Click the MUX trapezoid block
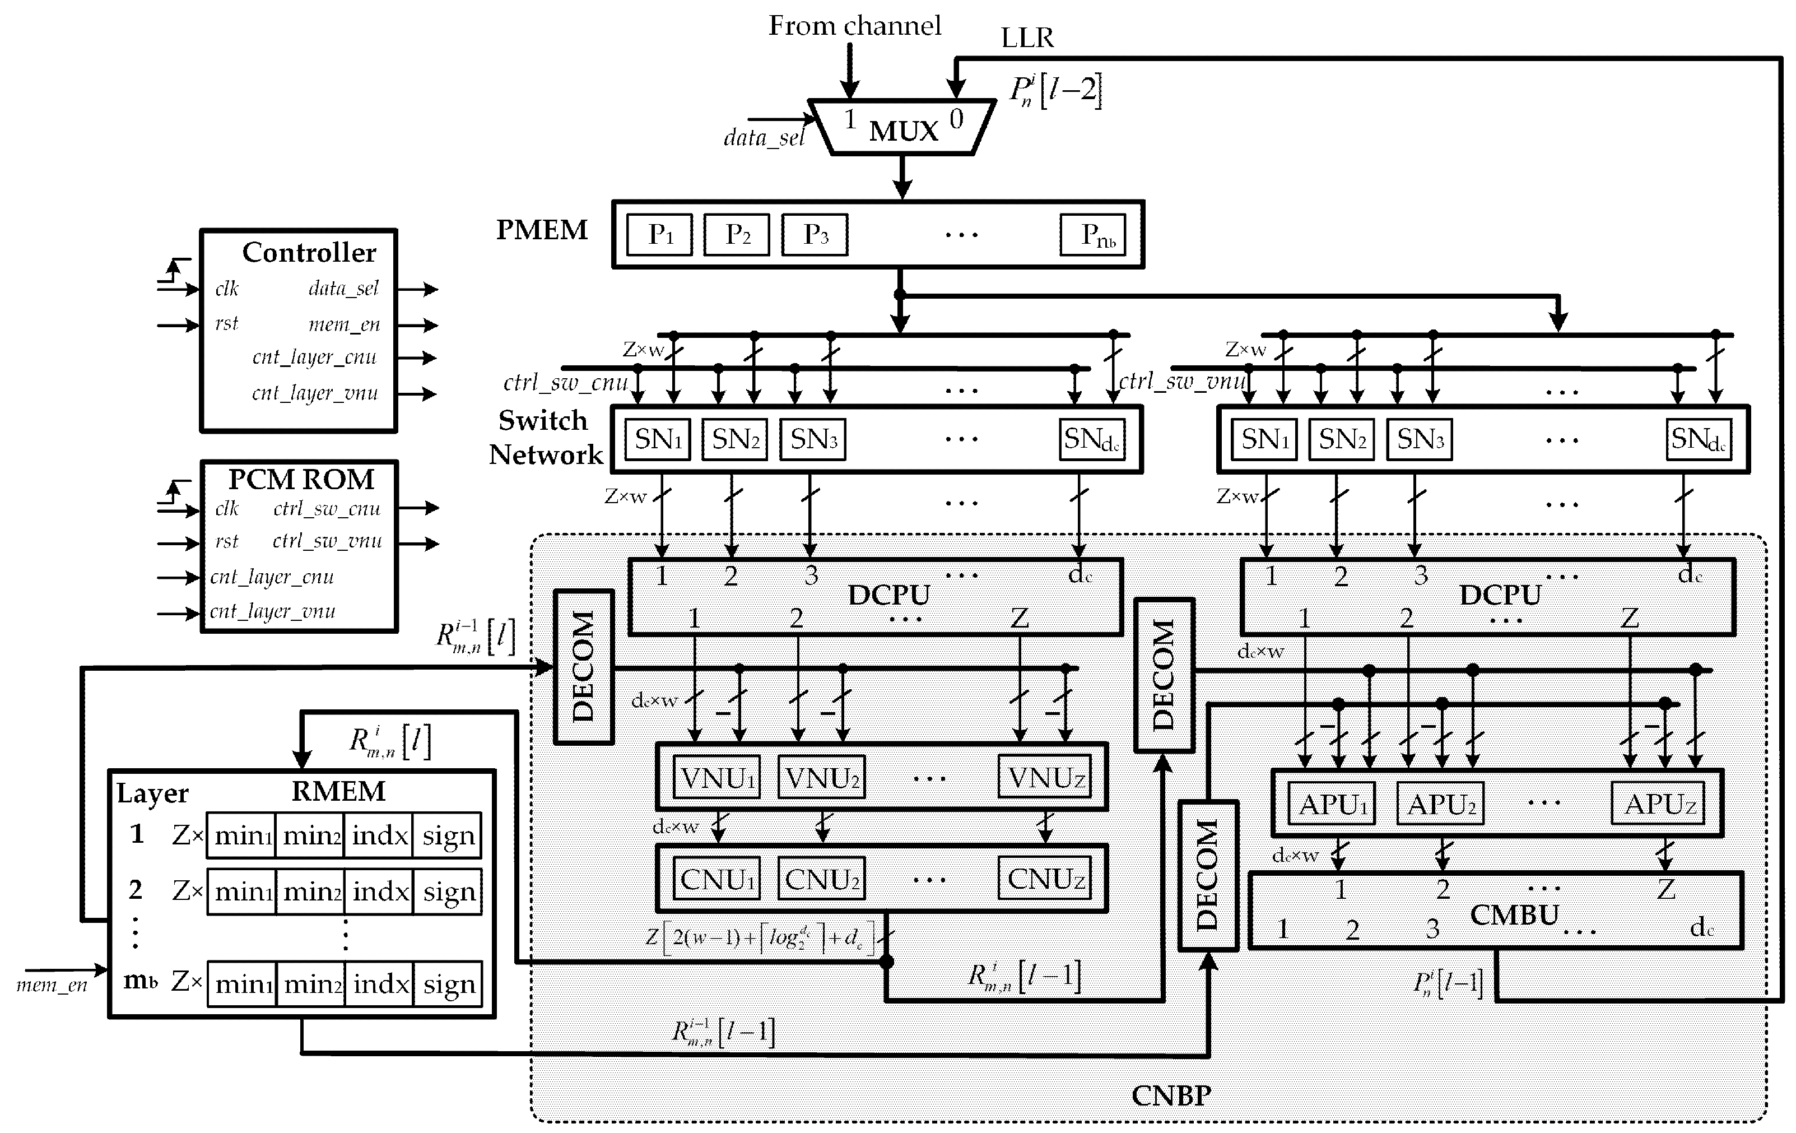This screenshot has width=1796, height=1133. [902, 128]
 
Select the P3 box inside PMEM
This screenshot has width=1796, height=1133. [815, 235]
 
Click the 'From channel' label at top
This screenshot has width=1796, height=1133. [855, 26]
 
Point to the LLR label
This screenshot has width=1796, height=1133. [1027, 38]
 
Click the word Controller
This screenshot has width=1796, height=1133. [309, 253]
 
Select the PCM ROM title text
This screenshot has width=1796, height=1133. [301, 479]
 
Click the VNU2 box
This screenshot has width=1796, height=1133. [821, 778]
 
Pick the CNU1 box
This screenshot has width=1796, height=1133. [716, 879]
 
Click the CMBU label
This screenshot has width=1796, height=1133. [1514, 915]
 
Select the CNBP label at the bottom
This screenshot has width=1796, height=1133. [1170, 1095]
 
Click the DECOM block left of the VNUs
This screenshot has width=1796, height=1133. [584, 667]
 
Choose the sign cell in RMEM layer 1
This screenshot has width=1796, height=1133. [448, 835]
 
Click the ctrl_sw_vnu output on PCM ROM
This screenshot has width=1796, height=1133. [327, 541]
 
